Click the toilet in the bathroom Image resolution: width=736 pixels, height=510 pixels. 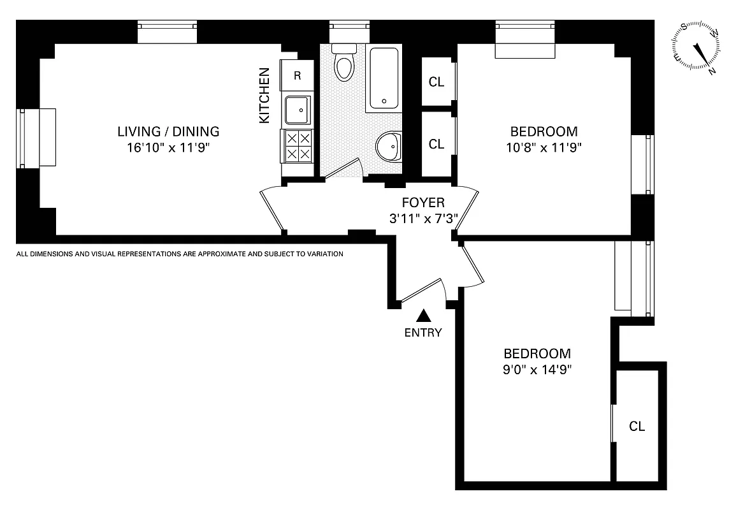344,63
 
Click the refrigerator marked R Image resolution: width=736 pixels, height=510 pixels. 297,75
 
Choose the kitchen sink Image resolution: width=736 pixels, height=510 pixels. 297,110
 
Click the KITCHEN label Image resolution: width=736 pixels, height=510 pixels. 265,96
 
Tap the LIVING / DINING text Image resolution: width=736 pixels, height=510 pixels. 168,131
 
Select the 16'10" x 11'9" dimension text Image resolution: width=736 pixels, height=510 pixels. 168,148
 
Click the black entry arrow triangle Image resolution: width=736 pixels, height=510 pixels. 423,315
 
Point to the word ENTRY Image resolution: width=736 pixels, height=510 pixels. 423,332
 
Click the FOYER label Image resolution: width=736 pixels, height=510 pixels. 423,203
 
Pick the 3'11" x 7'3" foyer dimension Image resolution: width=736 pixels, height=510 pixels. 423,219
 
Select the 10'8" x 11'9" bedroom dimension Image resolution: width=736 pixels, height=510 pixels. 544,148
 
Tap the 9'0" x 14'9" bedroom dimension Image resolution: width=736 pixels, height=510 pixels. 537,370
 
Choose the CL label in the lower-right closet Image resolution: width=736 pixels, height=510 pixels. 637,426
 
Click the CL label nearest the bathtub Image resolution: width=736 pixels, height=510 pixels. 437,82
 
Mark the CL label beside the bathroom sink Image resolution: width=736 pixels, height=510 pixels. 437,144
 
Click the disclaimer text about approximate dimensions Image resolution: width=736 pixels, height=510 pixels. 180,254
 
